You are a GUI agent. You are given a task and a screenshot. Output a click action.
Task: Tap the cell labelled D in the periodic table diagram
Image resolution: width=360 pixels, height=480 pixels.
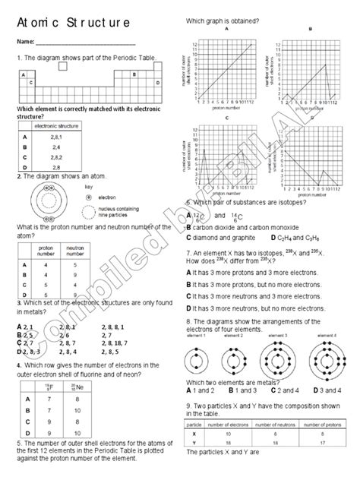click(x=157, y=82)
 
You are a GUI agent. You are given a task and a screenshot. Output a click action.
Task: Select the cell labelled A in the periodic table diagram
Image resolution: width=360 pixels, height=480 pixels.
click(x=23, y=74)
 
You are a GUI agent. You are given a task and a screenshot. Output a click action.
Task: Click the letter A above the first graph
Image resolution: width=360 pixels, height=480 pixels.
click(x=227, y=28)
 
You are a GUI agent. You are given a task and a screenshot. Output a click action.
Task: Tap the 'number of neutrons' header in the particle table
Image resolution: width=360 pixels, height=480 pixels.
click(x=270, y=425)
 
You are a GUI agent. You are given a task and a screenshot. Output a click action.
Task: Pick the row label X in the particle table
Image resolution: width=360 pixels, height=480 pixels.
click(x=195, y=433)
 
